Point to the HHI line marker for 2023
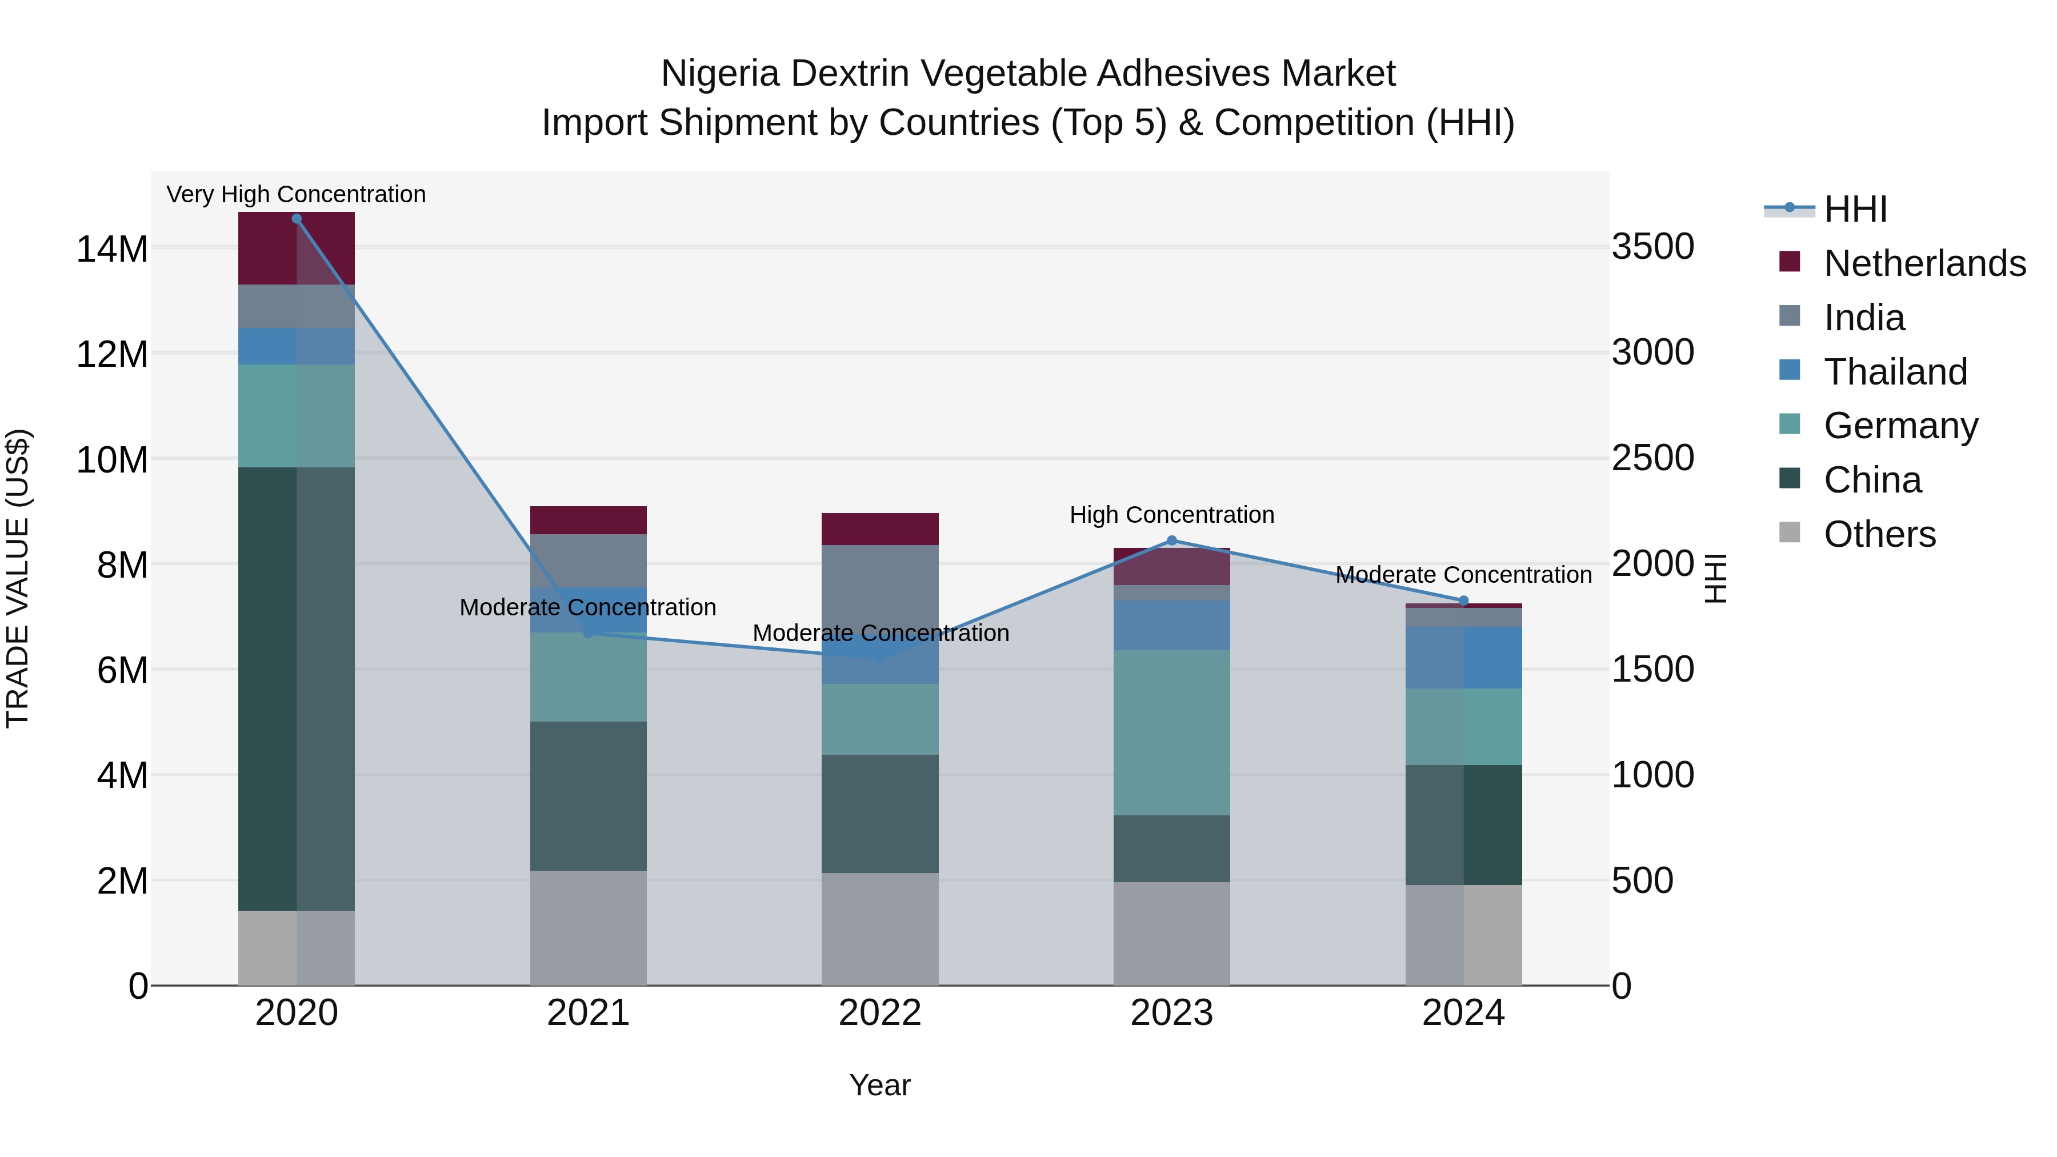(x=1171, y=541)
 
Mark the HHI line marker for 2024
(x=1463, y=601)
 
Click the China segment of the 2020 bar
(x=296, y=688)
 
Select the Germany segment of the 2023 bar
(x=1171, y=732)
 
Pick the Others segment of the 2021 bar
(x=588, y=928)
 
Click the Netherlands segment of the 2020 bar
(x=296, y=249)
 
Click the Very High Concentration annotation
(x=296, y=195)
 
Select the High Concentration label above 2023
(x=1171, y=515)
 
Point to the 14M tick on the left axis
(x=112, y=249)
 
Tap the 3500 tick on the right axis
(x=1652, y=247)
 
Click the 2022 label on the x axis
(x=880, y=1013)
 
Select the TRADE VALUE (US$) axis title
(x=18, y=578)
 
